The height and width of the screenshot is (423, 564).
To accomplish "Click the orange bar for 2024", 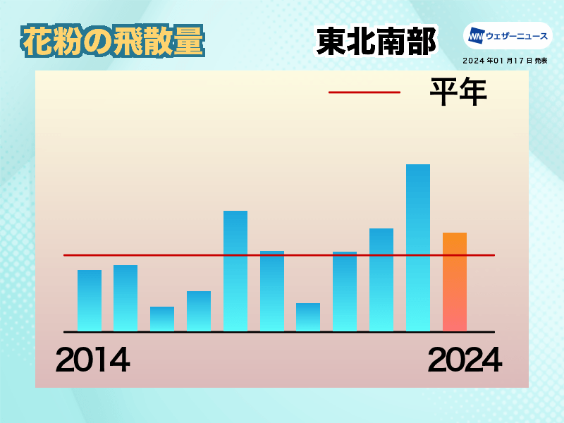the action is point(455,281).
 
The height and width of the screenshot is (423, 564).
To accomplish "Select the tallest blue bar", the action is point(418,247).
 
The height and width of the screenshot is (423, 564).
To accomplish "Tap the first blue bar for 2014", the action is point(90,300).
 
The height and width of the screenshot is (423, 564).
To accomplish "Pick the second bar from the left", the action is point(125,298).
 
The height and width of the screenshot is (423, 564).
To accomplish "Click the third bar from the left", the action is point(162,319).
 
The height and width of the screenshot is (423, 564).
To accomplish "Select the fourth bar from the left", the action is point(199,311).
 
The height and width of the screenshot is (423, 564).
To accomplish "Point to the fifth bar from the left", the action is point(235,271).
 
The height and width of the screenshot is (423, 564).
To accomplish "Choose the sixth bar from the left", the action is point(272,291).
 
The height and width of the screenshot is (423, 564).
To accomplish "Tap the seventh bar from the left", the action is point(308,317).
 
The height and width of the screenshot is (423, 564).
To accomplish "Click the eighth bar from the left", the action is point(345,291).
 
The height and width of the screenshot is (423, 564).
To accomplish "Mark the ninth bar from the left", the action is point(381,279).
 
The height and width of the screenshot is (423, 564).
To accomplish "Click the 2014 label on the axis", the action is point(93,360).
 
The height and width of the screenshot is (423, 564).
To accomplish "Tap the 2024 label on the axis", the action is point(465,360).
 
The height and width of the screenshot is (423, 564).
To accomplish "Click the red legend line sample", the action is point(364,92).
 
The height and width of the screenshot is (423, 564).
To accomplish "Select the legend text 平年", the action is point(458,92).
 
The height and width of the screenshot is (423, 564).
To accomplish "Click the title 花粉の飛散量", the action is point(113,41).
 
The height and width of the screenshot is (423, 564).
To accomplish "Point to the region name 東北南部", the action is point(376,42).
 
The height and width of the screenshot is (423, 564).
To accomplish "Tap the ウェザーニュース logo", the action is point(508,36).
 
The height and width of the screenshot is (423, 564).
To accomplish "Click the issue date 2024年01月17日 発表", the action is point(505,61).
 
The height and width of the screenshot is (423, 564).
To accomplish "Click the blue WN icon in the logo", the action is point(477,36).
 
